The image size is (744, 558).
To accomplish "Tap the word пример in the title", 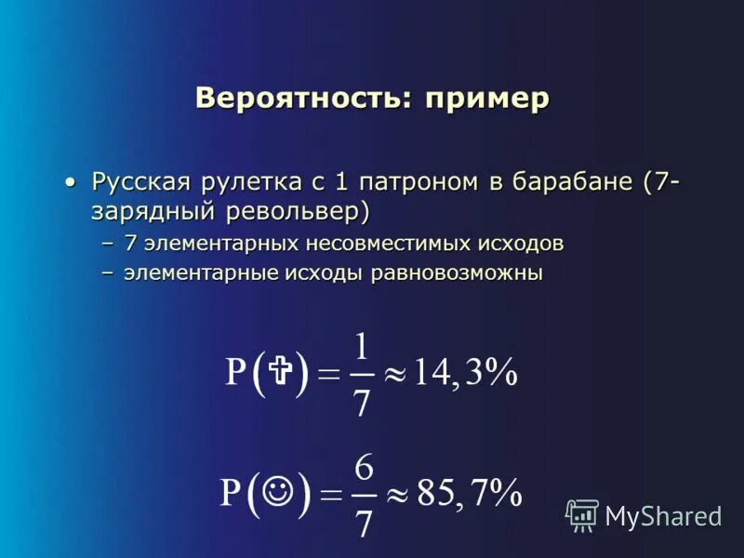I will click(487, 99).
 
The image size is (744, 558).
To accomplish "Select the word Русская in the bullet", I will click(136, 180).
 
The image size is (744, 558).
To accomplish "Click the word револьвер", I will click(298, 211).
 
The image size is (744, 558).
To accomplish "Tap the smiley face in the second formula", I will click(276, 489).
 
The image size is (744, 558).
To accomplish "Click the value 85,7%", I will click(469, 492).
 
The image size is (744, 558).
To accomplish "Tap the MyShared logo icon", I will click(582, 514).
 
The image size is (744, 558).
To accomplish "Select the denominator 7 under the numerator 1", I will click(362, 402).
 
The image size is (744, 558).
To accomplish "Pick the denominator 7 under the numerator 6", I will click(365, 523).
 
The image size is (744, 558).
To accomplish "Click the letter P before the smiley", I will click(231, 492).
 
